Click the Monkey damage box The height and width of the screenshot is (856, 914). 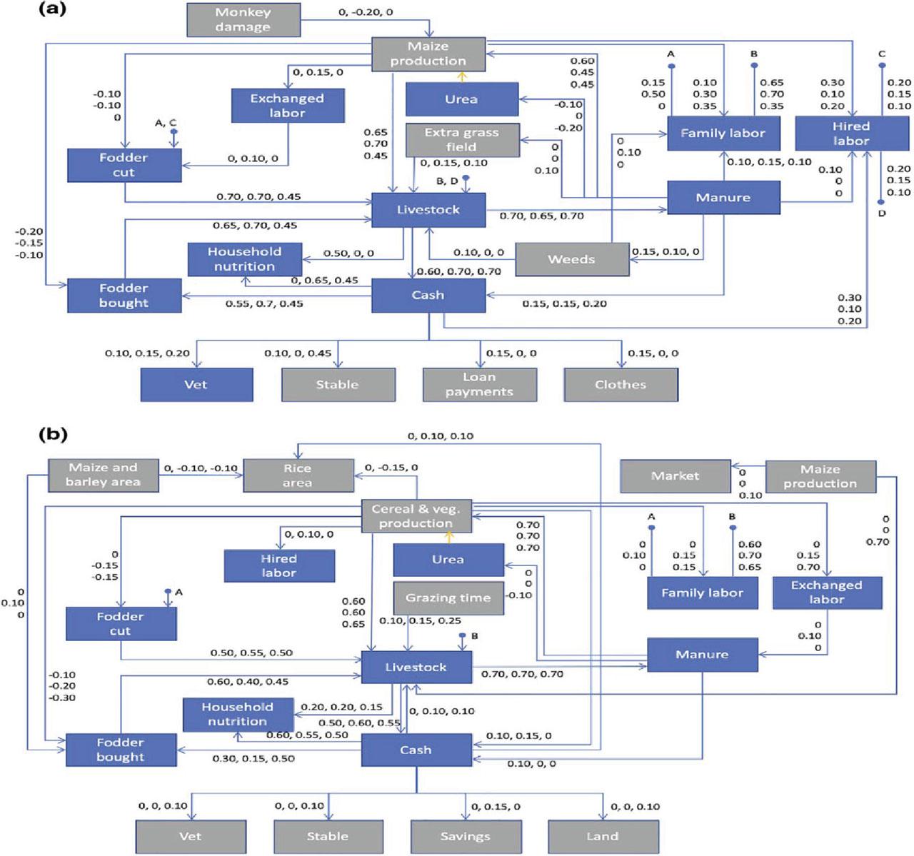click(x=243, y=20)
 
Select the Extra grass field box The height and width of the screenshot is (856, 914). click(x=462, y=140)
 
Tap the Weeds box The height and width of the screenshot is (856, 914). click(x=571, y=259)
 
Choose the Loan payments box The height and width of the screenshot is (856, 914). click(x=479, y=385)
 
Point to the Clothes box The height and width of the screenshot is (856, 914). click(x=621, y=385)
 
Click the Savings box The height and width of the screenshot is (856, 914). click(x=465, y=836)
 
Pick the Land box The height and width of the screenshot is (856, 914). click(x=603, y=836)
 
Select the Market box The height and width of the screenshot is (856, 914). click(x=675, y=475)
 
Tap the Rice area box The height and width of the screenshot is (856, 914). click(x=298, y=475)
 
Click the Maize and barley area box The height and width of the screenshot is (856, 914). click(x=103, y=475)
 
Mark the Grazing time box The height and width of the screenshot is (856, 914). click(x=448, y=598)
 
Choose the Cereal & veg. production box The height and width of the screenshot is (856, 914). click(x=416, y=516)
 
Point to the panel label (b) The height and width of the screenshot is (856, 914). click(x=53, y=433)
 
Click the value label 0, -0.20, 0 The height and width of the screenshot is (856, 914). click(x=365, y=12)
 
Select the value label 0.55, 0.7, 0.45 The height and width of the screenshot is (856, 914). click(x=264, y=304)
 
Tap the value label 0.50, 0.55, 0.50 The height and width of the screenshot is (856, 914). click(x=251, y=653)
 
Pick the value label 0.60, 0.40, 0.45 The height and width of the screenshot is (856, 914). click(x=248, y=682)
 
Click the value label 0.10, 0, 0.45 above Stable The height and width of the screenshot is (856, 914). click(x=298, y=353)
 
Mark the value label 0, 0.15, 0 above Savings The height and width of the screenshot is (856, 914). click(x=496, y=807)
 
